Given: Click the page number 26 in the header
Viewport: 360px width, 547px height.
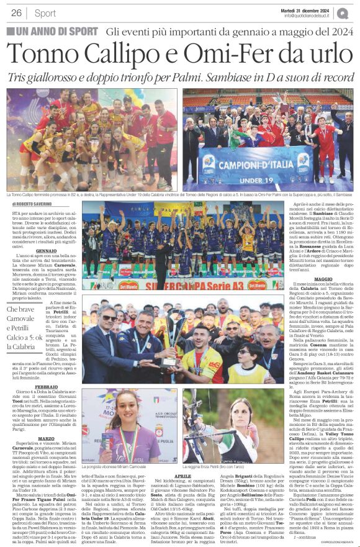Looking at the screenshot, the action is pyautogui.click(x=16, y=12).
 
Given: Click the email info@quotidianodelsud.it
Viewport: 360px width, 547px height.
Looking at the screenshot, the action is pyautogui.click(x=312, y=16).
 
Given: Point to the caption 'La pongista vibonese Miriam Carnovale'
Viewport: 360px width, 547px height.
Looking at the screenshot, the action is pyautogui.click(x=132, y=464).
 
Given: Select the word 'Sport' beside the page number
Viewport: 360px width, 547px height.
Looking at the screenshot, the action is pyautogui.click(x=45, y=13).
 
